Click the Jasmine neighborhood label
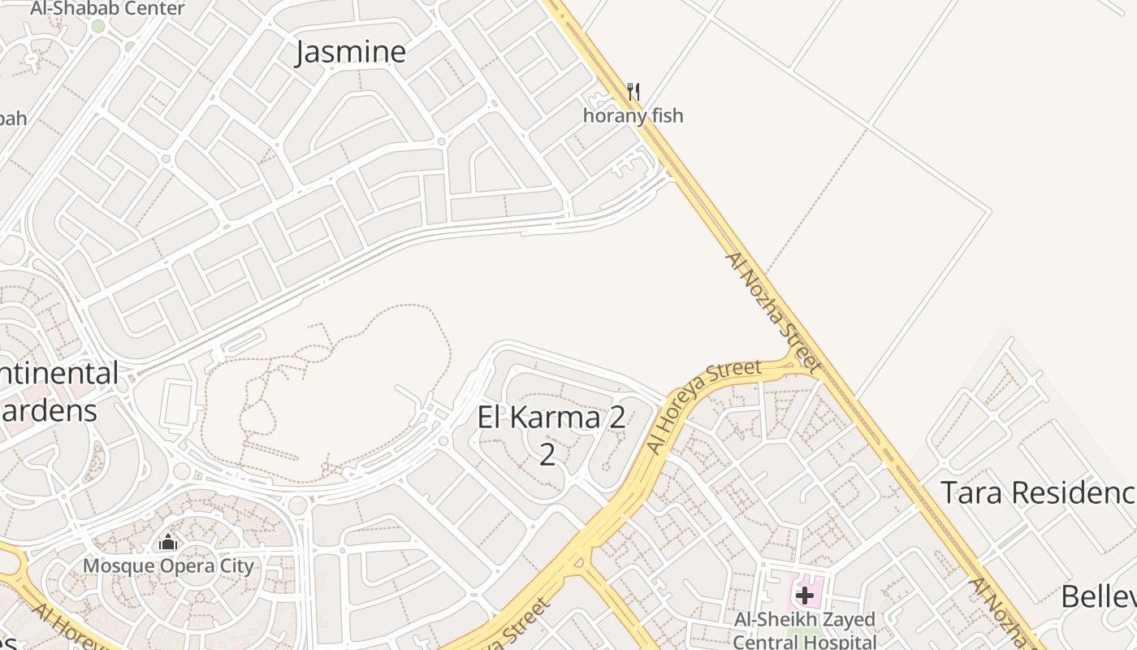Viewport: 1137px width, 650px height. tap(350, 52)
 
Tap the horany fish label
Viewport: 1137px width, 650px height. tap(633, 115)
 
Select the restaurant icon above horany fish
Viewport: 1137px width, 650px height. tap(633, 91)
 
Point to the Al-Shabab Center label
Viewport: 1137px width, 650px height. tap(107, 9)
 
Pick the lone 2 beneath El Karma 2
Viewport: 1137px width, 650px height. tap(547, 454)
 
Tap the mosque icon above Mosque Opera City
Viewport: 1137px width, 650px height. tap(168, 542)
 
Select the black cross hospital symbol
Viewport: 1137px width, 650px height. tap(804, 596)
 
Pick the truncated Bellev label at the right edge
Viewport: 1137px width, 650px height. tap(1098, 597)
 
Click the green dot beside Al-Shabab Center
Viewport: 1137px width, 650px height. tap(98, 26)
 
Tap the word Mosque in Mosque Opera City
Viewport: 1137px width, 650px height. tap(114, 565)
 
